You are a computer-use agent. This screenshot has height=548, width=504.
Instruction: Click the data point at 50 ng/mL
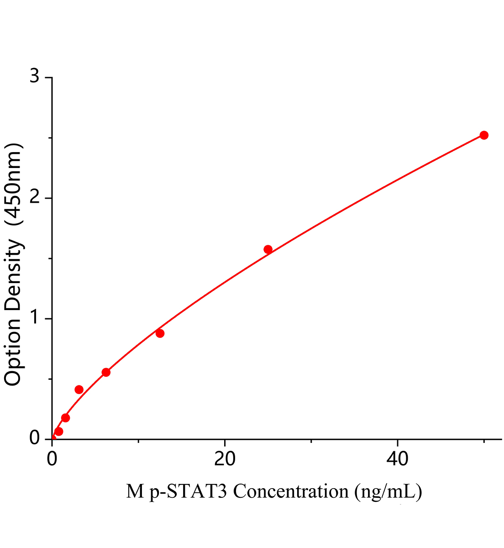484,135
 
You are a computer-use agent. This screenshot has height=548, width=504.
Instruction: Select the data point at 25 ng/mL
268,249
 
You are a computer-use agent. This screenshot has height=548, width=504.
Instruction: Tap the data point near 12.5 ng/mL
160,333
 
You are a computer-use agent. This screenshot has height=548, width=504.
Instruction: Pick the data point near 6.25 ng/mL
106,372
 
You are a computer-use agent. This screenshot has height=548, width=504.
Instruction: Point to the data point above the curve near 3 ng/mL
79,390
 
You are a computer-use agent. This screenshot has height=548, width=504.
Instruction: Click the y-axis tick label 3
35,77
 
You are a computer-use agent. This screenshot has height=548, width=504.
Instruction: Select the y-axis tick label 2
35,198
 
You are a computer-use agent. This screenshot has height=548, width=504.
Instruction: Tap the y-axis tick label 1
35,318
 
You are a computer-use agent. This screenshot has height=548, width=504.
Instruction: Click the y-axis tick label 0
35,438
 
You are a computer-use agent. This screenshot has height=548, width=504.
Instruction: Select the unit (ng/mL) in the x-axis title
387,492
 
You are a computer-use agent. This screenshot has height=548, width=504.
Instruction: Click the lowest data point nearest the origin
58,432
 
